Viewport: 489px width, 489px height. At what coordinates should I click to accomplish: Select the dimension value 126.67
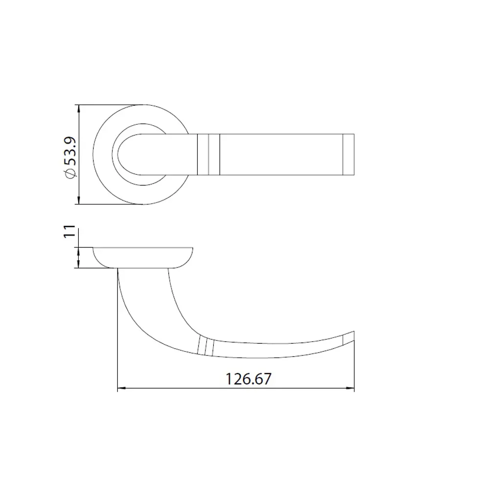coord(248,379)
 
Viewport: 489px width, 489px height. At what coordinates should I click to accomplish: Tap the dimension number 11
coord(69,231)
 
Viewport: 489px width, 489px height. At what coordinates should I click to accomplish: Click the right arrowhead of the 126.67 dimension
coord(351,388)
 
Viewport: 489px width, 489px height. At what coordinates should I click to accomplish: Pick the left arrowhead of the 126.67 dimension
coord(122,388)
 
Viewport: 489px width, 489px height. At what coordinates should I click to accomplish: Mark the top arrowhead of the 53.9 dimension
coord(79,109)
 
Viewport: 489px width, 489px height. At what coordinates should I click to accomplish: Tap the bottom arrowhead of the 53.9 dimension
coord(79,200)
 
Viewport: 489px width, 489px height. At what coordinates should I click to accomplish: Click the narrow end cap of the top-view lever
coord(348,155)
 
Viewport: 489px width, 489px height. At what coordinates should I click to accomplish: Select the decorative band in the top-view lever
coord(209,155)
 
